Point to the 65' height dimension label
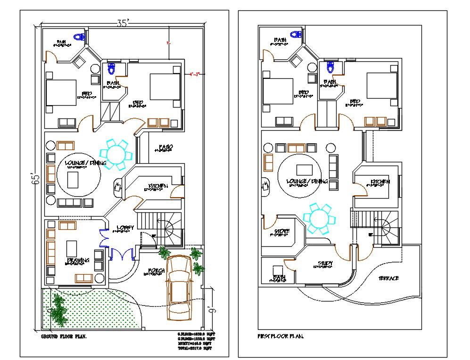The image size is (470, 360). [38, 180]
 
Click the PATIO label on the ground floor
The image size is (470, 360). [165, 148]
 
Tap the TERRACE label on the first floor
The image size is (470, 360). [388, 278]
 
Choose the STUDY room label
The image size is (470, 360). [325, 264]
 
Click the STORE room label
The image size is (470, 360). [281, 231]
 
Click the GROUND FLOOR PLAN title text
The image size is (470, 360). [64, 336]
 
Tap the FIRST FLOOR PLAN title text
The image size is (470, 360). [280, 336]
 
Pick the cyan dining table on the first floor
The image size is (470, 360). [319, 218]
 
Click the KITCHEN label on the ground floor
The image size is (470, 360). [158, 186]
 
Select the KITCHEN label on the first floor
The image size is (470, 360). [379, 182]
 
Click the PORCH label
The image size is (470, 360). [156, 271]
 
